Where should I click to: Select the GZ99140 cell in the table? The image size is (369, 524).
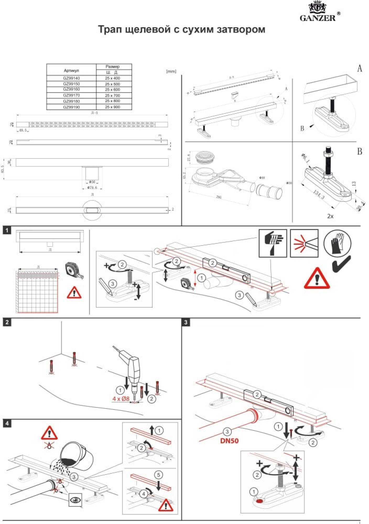pos(71,78)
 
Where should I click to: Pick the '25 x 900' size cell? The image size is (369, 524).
pos(112,107)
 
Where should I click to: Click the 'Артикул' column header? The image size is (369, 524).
pos(71,70)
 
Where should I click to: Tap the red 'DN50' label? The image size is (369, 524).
pos(229,440)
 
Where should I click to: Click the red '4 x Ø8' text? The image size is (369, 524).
pos(121,399)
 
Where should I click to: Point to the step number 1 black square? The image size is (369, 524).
pos(7,230)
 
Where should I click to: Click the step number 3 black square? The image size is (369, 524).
pos(186,322)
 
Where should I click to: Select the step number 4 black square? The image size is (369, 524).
pos(7,423)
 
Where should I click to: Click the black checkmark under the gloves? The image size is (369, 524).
pos(341,265)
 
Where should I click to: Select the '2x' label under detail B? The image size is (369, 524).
pos(330,216)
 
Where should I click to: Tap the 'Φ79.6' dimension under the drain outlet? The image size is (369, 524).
pos(92,187)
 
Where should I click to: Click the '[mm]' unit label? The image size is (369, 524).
pos(171,71)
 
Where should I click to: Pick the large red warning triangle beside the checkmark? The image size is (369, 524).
pos(317,278)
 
